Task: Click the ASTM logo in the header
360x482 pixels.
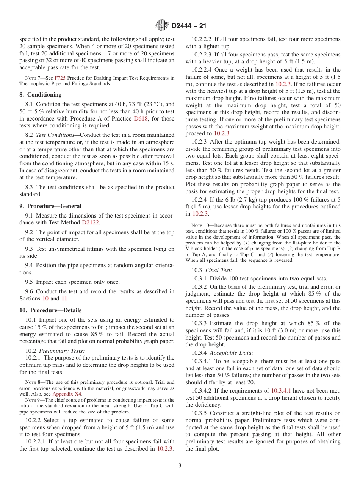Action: [x=162, y=26]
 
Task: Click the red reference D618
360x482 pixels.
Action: [x=141, y=119]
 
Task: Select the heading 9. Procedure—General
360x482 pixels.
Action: [x=50, y=206]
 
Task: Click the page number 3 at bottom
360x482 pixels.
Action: [x=180, y=466]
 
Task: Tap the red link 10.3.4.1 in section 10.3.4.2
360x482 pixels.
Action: [x=284, y=391]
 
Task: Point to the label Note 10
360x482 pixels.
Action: [x=199, y=225]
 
